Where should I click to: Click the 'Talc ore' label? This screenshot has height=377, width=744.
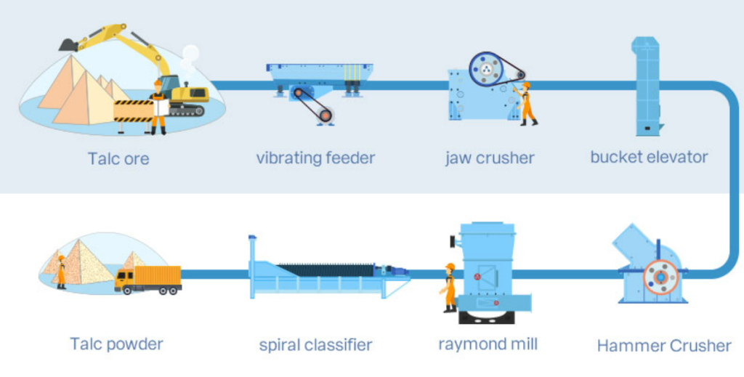pos(118,158)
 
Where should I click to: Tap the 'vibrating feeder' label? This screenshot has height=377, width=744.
pos(315,158)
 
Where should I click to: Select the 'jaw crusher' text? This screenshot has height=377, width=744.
pos(490,158)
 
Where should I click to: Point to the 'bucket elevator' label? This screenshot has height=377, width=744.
pos(649,157)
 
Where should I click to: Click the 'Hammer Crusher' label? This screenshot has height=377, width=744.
pos(664,346)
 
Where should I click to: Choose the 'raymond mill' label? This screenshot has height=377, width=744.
pos(488,344)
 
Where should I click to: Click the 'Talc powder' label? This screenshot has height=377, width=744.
pos(116,344)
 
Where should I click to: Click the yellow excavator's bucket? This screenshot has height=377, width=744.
pos(68,44)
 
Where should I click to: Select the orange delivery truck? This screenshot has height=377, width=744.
pos(148,279)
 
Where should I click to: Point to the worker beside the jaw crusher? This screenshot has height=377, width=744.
pos(526,104)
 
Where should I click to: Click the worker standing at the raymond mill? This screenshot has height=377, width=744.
pos(449,288)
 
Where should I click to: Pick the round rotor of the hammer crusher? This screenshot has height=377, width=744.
pos(660,277)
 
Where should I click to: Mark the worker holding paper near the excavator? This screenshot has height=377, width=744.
pos(158,108)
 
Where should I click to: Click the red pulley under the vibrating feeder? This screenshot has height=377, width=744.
pos(325,114)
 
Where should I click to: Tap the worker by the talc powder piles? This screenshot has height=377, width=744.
pos(62,272)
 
